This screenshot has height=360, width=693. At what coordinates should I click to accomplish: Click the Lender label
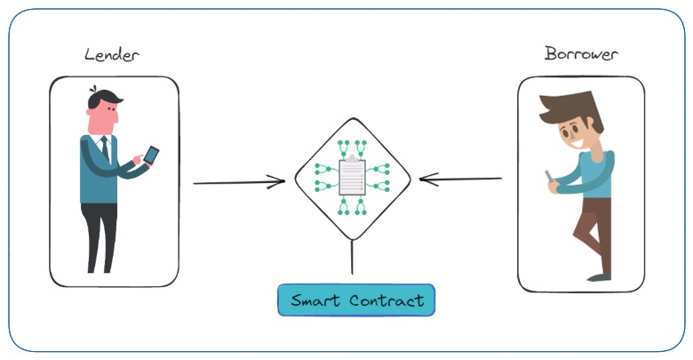pos(111,54)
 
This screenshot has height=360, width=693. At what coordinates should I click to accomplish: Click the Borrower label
pos(581,53)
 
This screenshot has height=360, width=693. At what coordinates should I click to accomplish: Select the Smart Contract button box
pos(356,300)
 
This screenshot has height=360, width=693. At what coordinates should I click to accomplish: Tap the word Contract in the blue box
pos(386,300)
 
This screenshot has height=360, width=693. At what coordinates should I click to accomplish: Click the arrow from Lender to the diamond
pos(238,183)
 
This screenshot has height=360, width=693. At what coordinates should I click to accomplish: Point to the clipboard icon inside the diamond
pos(353,177)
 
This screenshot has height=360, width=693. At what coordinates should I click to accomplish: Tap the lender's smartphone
pos(151,155)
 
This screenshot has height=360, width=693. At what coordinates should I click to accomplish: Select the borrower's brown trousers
pos(593,231)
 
